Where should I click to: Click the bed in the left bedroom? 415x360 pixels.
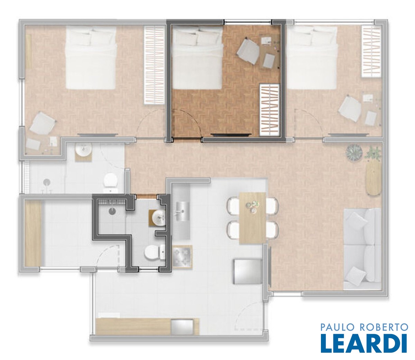(91, 58)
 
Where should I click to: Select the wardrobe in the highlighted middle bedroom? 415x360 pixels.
(270, 110)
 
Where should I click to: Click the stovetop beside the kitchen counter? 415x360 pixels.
(182, 257)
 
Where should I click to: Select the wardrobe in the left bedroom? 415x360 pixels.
(154, 65)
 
